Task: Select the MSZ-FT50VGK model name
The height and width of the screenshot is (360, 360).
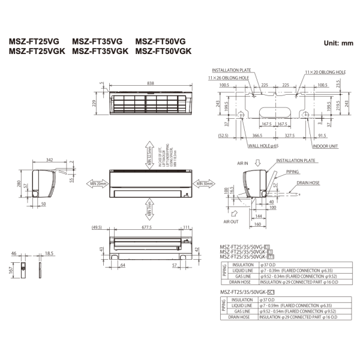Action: tap(163, 52)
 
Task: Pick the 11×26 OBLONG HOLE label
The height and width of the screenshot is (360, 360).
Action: tap(229, 78)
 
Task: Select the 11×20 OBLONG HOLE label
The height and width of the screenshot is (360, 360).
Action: tap(325, 72)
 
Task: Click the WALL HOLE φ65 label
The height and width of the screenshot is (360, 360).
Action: tap(263, 145)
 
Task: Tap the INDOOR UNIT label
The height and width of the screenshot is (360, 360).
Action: tap(325, 145)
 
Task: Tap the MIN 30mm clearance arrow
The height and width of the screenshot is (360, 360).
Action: tap(205, 183)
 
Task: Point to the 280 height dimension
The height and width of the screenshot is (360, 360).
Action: tap(19, 184)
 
